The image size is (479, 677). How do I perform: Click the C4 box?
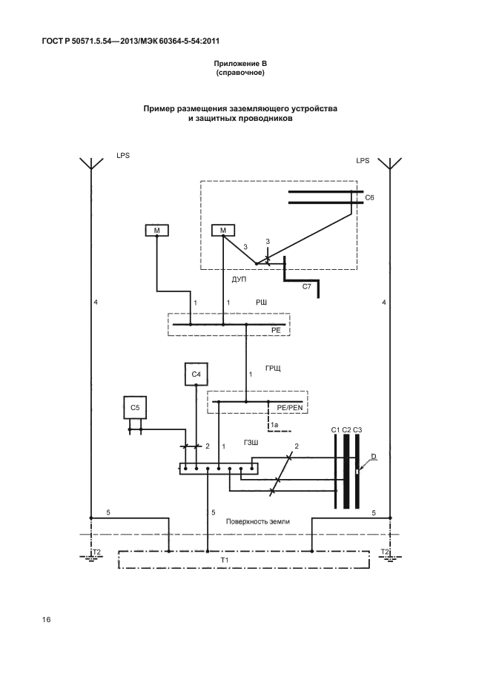point(196,375)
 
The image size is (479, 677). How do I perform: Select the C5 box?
point(135,408)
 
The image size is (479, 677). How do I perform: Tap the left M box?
point(156,231)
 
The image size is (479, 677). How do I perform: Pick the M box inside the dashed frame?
point(223,231)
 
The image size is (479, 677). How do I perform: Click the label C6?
point(370,198)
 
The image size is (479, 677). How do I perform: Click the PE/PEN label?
point(291,408)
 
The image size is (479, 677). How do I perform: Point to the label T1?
point(245,561)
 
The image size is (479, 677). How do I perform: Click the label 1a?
point(274,424)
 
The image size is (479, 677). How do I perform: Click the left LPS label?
point(123,157)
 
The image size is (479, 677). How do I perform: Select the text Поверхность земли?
point(260,521)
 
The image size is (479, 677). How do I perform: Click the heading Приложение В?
point(240,65)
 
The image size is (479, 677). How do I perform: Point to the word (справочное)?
point(240,73)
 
